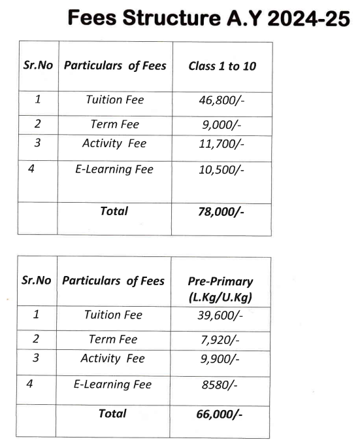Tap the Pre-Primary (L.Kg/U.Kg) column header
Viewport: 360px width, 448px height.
pos(220,288)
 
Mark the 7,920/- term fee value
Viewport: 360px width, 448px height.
pos(220,340)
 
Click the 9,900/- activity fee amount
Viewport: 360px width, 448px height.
pos(220,360)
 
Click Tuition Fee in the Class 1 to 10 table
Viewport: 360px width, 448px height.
pos(114,100)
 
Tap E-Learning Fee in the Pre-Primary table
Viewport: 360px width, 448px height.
pos(112,385)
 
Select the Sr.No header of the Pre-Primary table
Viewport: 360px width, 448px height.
pos(36,281)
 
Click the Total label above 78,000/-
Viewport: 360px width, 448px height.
pos(114,211)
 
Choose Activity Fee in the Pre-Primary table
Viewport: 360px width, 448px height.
pos(113,359)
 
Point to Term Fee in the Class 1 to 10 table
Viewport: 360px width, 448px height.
pos(114,124)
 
